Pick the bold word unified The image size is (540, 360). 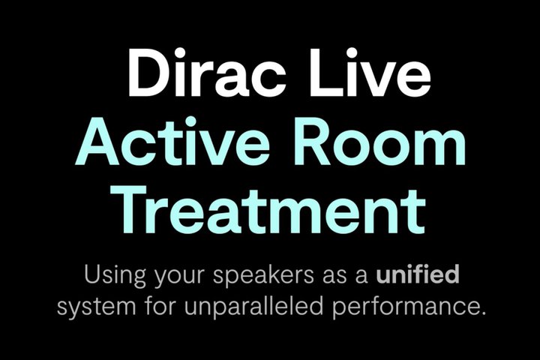[x=417, y=274]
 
